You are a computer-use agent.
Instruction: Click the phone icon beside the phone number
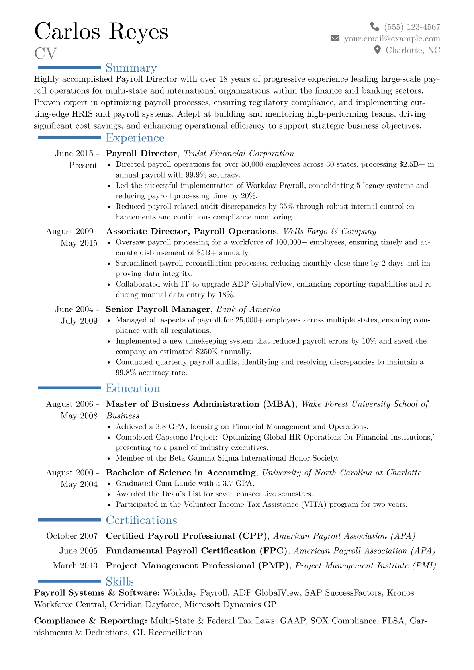point(374,27)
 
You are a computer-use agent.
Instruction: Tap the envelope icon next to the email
point(335,38)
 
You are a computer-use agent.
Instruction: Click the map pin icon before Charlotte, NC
point(377,50)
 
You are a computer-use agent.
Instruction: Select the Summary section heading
point(131,68)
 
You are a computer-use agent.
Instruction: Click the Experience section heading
point(135,138)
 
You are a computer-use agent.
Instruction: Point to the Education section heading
point(133,388)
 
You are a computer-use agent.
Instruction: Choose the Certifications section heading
point(141,520)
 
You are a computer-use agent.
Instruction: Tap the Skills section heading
point(119,581)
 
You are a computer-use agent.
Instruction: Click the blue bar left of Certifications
point(69,520)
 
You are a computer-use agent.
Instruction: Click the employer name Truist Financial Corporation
point(239,154)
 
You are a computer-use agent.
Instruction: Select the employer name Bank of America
point(248,309)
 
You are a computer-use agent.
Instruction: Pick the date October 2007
point(72,536)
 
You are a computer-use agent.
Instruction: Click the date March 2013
point(75,565)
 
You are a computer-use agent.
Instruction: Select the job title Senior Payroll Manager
point(158,309)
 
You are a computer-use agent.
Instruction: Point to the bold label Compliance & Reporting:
point(90,621)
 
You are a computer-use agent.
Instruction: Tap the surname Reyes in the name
point(138,31)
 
